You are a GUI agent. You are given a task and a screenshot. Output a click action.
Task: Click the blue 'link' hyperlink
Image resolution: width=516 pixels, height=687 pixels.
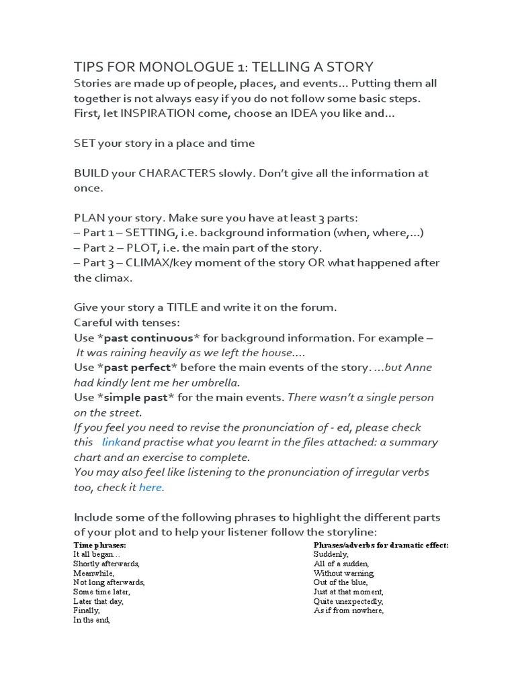[x=112, y=442]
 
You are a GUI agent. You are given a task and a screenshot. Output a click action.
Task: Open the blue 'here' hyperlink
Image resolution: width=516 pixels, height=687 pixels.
[x=150, y=488]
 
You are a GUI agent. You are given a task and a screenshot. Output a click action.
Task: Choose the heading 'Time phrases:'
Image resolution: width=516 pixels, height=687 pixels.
[x=95, y=545]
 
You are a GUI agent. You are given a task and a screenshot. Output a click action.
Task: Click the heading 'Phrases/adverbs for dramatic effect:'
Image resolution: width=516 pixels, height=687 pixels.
[x=381, y=545]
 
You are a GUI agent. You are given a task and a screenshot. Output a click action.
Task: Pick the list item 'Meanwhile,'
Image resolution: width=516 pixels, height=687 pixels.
[x=94, y=574]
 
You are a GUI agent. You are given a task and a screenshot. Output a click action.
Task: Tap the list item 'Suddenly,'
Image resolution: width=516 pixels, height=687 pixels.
[x=331, y=555]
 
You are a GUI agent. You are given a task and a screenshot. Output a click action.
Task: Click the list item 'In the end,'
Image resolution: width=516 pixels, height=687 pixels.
[x=91, y=621]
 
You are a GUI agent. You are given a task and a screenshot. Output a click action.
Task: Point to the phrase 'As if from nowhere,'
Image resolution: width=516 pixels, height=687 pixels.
[x=348, y=611]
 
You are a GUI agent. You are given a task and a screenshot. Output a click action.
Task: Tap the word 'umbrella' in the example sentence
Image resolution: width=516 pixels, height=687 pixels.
[x=216, y=382]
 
